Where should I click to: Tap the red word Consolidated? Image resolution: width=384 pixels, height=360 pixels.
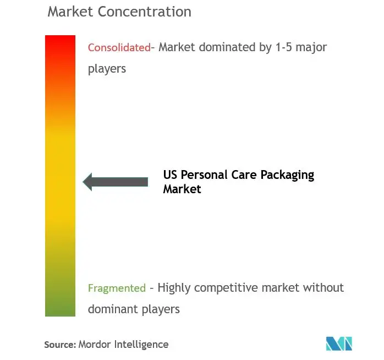click(x=119, y=47)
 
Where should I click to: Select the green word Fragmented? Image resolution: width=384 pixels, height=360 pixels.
click(x=117, y=288)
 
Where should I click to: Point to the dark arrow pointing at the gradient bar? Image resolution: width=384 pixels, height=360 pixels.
click(x=116, y=182)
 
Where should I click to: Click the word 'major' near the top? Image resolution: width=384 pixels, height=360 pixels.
click(x=312, y=47)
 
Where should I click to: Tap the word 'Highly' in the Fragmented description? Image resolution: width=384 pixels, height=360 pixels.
click(x=175, y=288)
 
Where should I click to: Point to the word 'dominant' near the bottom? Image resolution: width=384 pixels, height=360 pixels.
click(x=112, y=309)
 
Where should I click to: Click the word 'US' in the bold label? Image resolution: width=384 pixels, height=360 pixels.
click(x=170, y=176)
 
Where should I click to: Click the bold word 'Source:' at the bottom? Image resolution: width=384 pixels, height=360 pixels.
click(x=59, y=345)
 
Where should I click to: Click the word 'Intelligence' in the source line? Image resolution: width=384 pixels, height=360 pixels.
click(x=141, y=345)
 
